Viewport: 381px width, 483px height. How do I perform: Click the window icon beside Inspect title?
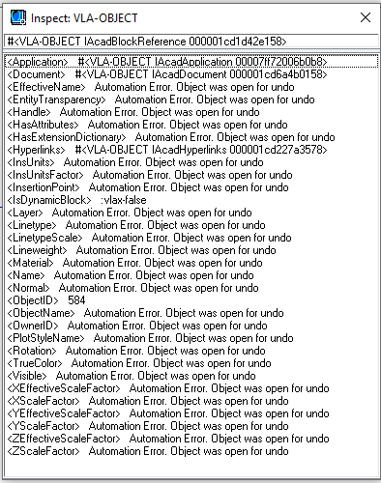click(x=17, y=17)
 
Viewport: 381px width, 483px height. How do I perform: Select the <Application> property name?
click(x=37, y=62)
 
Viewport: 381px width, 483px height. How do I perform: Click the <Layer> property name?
click(x=25, y=213)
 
